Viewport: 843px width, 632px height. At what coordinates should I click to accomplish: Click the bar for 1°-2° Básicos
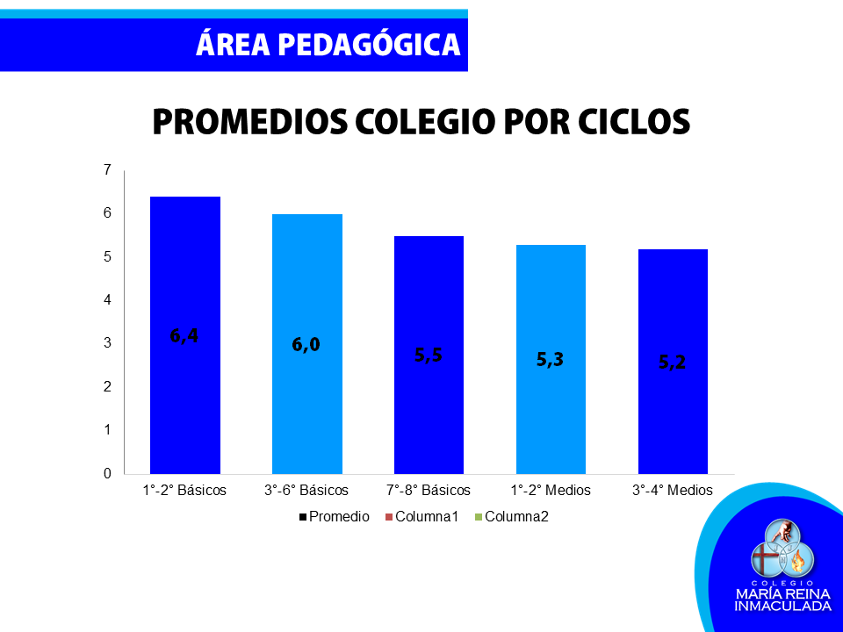[185, 335]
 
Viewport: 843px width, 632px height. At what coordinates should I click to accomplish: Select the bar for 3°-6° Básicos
[307, 344]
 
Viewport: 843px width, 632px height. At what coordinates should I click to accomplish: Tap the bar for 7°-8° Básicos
[429, 355]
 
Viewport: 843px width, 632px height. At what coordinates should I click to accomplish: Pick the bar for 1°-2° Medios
[551, 360]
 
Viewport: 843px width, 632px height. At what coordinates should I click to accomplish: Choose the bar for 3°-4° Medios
[674, 362]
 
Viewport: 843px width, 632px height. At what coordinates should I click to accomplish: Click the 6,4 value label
[184, 336]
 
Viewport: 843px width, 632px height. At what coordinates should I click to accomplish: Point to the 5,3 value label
[550, 360]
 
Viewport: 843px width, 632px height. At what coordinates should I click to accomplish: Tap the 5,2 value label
[672, 363]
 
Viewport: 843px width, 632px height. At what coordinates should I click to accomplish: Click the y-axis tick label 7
[107, 169]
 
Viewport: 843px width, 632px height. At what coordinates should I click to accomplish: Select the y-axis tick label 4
[107, 300]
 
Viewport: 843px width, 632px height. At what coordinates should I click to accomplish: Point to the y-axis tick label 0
[107, 473]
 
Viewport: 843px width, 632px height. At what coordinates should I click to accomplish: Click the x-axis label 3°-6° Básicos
[306, 490]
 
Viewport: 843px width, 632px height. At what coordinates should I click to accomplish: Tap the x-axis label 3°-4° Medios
[673, 490]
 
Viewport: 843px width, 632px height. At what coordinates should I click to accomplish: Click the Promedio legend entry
[335, 517]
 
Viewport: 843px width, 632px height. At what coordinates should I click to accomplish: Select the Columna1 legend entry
[422, 517]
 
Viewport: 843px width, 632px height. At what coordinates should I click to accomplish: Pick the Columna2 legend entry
[512, 517]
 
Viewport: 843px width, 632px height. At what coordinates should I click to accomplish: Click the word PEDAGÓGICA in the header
[369, 43]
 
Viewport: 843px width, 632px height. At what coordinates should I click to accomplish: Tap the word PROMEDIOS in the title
[250, 121]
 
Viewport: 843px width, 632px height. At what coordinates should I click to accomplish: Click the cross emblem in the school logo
[765, 559]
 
